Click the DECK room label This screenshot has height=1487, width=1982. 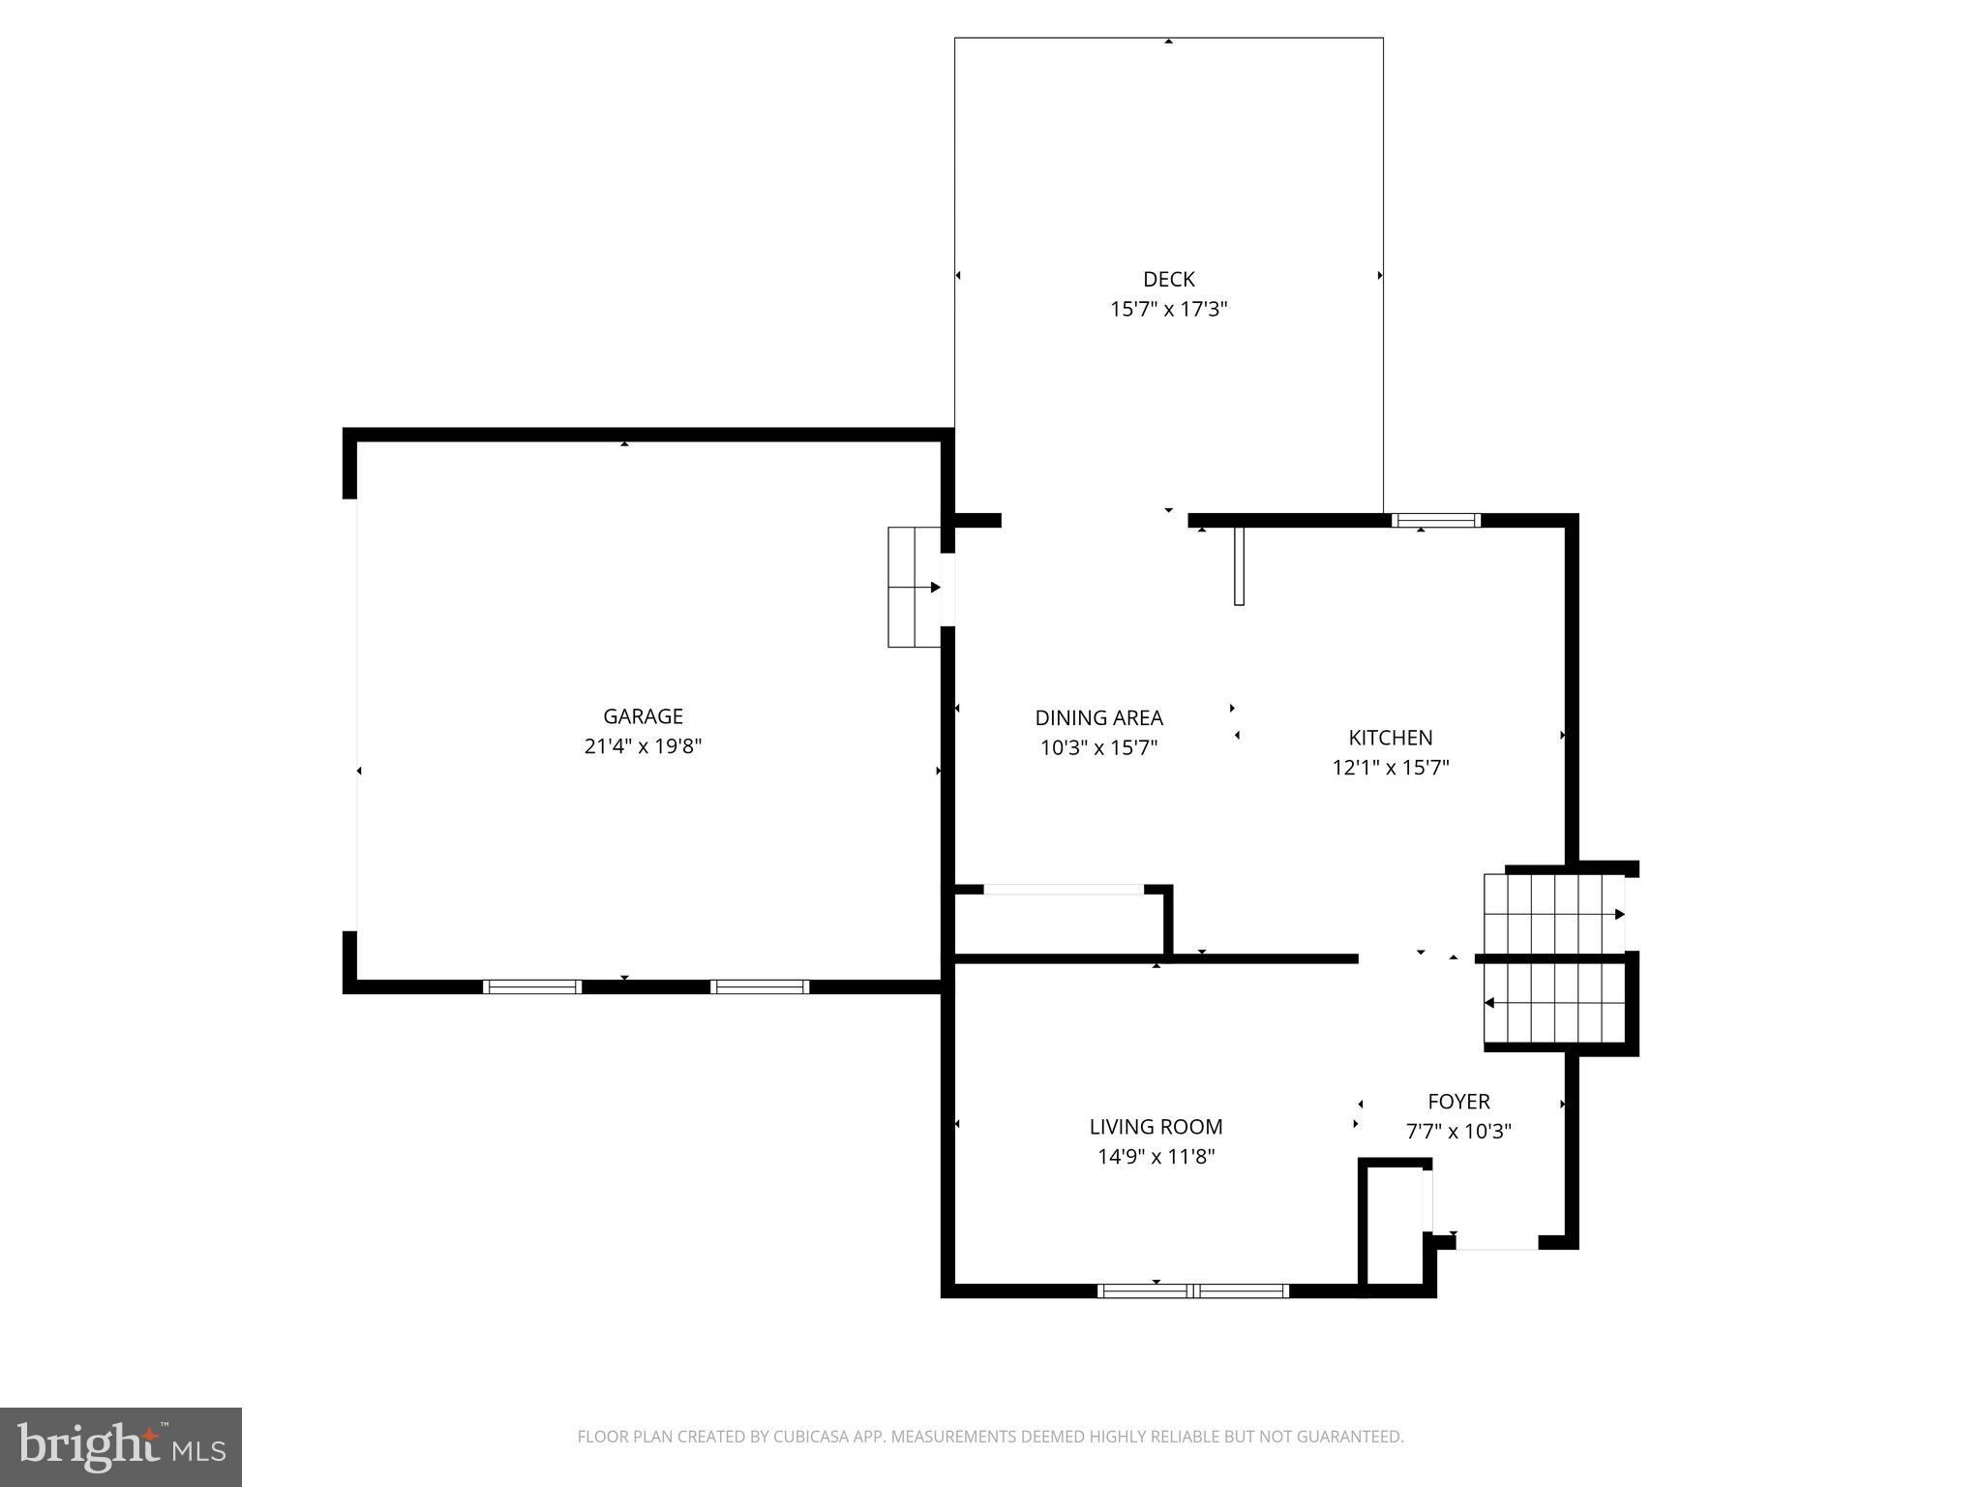[x=1168, y=280]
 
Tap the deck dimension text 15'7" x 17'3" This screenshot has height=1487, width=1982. [x=1168, y=310]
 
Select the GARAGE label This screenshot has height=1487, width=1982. [x=643, y=716]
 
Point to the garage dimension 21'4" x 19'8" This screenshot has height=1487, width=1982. [x=643, y=746]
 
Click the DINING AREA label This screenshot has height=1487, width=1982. [x=1098, y=718]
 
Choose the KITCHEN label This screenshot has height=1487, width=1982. [x=1390, y=738]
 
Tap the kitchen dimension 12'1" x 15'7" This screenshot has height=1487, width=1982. [x=1390, y=768]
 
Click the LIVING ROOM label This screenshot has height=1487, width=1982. [x=1156, y=1127]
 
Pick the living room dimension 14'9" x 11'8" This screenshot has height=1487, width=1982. [x=1156, y=1157]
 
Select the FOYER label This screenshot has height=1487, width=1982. [x=1458, y=1102]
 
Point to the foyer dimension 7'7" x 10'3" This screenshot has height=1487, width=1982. [x=1458, y=1132]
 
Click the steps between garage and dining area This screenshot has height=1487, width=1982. [x=914, y=587]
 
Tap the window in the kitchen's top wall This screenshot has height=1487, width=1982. [x=1435, y=521]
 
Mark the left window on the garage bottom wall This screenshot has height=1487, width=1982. [x=531, y=987]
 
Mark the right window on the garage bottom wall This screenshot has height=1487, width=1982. [x=760, y=987]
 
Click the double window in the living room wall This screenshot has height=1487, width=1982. [x=1192, y=1290]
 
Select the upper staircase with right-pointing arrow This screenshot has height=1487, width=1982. [x=1553, y=914]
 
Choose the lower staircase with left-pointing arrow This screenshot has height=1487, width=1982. [x=1553, y=1003]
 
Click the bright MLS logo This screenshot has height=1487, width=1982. [x=120, y=1446]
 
